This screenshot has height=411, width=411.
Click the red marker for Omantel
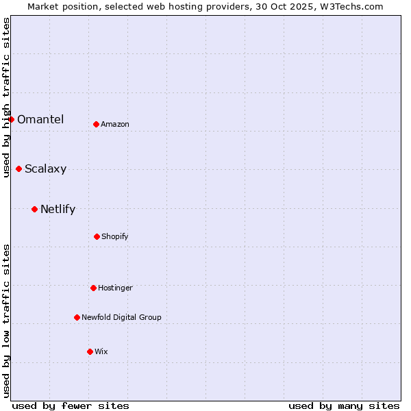click(11, 119)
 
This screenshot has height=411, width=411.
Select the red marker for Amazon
click(96, 124)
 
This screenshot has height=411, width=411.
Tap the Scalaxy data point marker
click(18, 169)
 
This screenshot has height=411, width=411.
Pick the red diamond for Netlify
click(34, 209)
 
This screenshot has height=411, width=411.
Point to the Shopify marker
click(97, 236)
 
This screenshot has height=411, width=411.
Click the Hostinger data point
click(93, 288)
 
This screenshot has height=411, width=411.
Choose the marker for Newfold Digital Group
click(77, 317)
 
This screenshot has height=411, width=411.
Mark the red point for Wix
click(90, 351)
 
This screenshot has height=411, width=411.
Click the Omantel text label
click(40, 119)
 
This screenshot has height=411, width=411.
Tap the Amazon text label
click(115, 124)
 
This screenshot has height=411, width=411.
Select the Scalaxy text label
click(45, 169)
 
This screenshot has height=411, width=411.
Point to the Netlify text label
click(58, 209)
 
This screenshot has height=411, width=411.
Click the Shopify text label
click(115, 236)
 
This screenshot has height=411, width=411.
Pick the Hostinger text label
click(115, 288)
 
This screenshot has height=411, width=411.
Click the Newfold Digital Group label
click(121, 317)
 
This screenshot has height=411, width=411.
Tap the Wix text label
click(101, 351)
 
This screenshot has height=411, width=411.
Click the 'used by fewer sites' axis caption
click(71, 406)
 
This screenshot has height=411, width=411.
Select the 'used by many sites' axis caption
click(344, 406)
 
